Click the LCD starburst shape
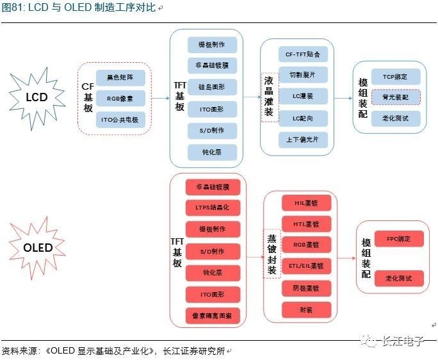point(36,97)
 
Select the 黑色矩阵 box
point(121,78)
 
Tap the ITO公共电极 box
point(121,119)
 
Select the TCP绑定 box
point(395,77)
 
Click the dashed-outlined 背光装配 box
point(395,97)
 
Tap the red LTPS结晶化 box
point(212,208)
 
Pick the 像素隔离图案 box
point(212,316)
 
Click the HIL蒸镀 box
point(306,203)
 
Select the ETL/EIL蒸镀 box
point(306,265)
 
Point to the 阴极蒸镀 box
point(306,288)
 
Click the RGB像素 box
point(121,98)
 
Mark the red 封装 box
point(306,310)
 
